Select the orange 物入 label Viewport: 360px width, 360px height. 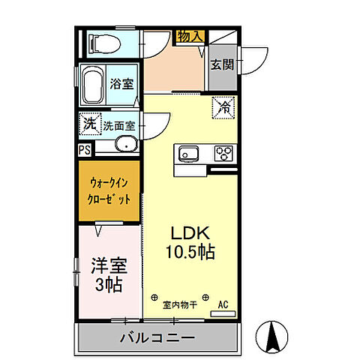188,35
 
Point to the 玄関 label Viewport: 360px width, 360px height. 221,64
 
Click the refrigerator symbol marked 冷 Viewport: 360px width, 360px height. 223,107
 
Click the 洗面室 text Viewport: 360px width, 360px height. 118,125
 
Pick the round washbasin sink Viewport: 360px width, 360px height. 125,145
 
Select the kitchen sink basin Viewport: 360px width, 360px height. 187,154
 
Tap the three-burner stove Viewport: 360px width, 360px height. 223,154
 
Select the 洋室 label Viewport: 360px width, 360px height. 109,266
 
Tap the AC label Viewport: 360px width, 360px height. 223,304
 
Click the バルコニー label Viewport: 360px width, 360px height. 157,337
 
